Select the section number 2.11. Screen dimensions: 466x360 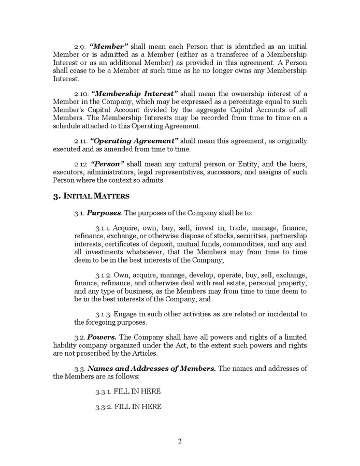pyautogui.click(x=81, y=141)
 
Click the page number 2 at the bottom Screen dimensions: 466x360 pyautogui.click(x=180, y=442)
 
